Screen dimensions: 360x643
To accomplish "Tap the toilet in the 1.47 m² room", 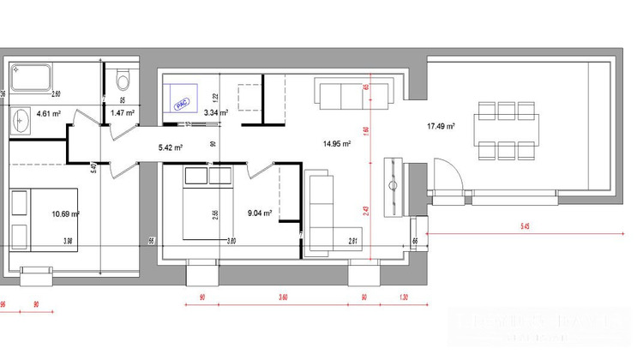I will click(123, 81).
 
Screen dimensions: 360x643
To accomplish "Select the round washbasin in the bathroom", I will click(21, 121).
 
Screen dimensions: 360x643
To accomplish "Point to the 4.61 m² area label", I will click(48, 113).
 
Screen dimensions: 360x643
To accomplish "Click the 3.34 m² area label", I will click(214, 112).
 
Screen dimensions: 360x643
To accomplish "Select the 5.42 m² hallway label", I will click(171, 147).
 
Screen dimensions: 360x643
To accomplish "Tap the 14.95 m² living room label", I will click(336, 144).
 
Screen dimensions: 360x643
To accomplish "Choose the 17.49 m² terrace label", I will click(441, 126).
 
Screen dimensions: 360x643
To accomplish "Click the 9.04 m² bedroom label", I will click(260, 213).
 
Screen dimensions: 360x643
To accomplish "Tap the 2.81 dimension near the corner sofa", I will click(352, 242).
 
